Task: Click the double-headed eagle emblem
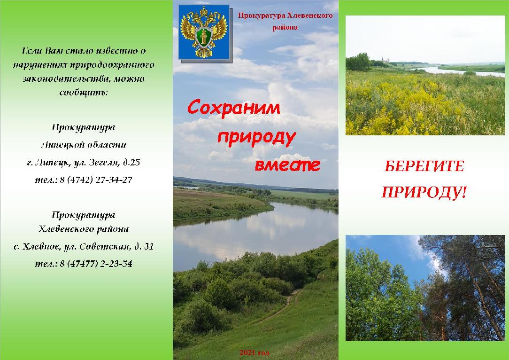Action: click(x=204, y=32)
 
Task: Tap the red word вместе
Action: click(x=288, y=165)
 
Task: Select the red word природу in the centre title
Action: click(x=256, y=138)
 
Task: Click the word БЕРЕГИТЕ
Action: click(x=424, y=166)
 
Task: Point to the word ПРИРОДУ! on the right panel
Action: click(x=424, y=192)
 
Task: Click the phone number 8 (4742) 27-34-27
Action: click(x=96, y=180)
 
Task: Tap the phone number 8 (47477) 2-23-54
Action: click(x=96, y=264)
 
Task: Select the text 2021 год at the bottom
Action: click(x=254, y=352)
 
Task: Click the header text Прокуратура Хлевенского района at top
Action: click(x=285, y=22)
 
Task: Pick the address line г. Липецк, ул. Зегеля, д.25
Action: click(x=84, y=162)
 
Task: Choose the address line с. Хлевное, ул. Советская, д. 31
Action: click(x=84, y=247)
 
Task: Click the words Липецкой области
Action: click(x=84, y=145)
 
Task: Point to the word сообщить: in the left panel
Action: click(x=84, y=93)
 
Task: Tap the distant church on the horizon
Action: click(x=386, y=60)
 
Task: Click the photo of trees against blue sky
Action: click(x=425, y=288)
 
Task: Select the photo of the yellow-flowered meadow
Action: click(x=425, y=75)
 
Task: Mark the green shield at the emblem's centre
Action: click(x=203, y=36)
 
